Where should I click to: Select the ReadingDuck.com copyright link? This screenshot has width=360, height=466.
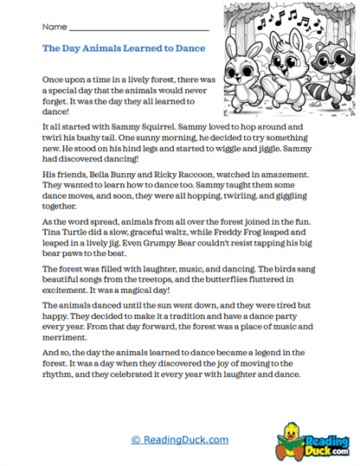180,440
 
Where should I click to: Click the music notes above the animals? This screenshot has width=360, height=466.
288,17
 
